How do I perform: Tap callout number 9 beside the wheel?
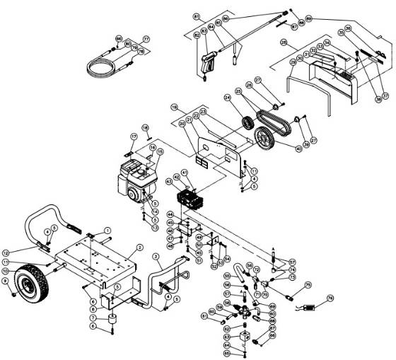[x=6, y=281]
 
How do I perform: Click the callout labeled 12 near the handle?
[x=6, y=252]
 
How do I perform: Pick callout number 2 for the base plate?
[x=140, y=247]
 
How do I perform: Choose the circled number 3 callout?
[x=156, y=256]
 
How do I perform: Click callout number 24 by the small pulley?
[x=228, y=97]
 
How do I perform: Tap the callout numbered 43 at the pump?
[x=169, y=182]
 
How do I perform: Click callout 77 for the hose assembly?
[x=146, y=39]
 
